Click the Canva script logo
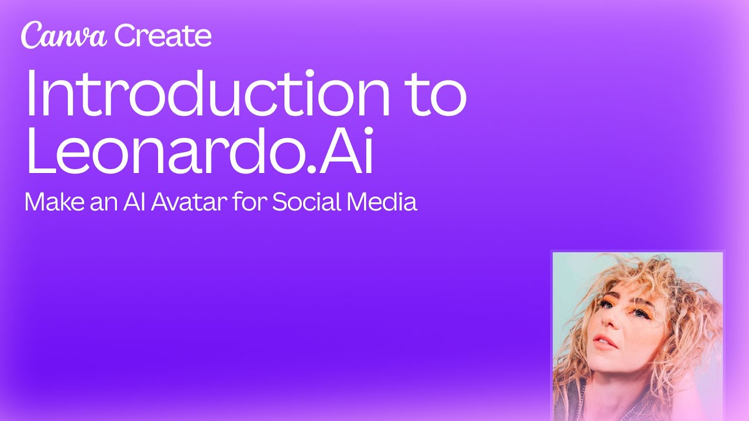click(x=64, y=36)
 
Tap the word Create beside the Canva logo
click(x=163, y=36)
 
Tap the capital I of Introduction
click(x=30, y=94)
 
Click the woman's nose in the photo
click(x=606, y=320)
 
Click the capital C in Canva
click(x=30, y=36)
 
